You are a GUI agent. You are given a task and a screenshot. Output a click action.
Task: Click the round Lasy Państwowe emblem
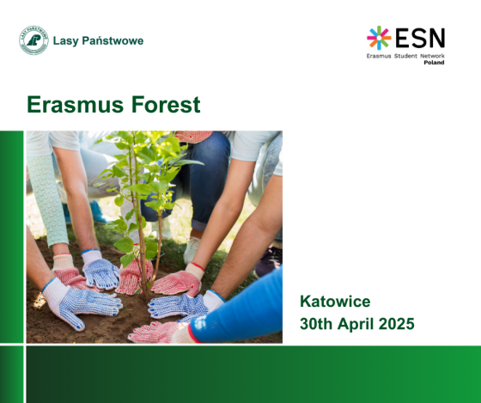point(33,40)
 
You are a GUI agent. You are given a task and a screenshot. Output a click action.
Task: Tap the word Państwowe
point(113,40)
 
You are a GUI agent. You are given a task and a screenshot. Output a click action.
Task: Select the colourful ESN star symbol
point(379,38)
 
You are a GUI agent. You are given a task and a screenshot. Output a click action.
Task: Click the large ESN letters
point(420,38)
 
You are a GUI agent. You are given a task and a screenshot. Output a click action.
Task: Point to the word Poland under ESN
point(434,63)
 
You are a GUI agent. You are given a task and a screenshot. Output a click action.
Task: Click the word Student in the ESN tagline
point(405,56)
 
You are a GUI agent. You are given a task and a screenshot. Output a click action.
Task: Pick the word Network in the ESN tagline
point(432,56)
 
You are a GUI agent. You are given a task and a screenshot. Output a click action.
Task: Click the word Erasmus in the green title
point(76,105)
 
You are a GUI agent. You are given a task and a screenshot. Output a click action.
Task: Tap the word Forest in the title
point(166,105)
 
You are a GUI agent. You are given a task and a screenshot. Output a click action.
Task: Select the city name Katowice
point(335,301)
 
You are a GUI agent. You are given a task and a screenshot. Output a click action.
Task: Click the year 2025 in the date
point(397,324)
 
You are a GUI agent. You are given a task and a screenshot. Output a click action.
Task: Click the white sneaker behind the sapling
point(192,249)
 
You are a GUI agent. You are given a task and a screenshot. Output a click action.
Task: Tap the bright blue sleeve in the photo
point(240,310)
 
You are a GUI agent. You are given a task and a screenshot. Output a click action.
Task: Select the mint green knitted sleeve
point(49,199)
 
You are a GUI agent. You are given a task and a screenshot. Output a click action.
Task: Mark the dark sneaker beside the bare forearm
point(268,261)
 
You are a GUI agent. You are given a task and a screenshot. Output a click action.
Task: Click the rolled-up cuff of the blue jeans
point(199,226)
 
